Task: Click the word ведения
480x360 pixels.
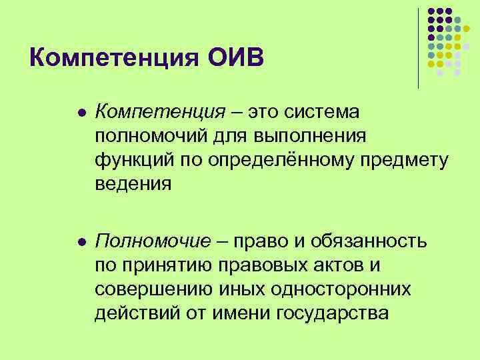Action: [133, 184]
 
